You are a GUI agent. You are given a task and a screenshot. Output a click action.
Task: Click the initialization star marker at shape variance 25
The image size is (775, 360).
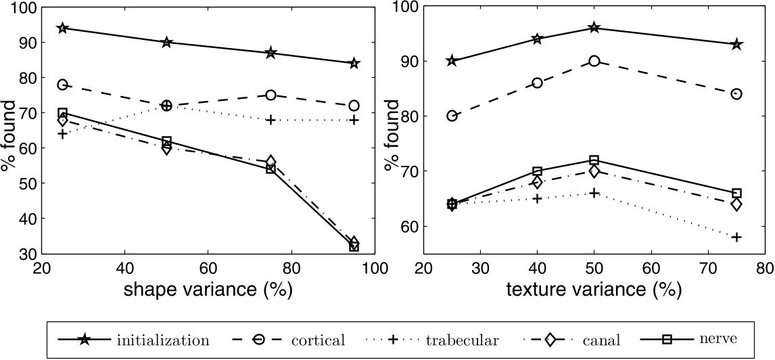click(62, 28)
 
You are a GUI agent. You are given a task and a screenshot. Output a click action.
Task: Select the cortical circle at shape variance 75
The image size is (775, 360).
click(271, 95)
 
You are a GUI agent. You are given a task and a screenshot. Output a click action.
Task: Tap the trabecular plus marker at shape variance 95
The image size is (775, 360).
click(354, 120)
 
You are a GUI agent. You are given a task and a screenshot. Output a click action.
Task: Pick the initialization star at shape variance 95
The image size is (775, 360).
click(354, 64)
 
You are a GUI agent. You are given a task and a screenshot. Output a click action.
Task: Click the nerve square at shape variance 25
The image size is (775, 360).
click(62, 113)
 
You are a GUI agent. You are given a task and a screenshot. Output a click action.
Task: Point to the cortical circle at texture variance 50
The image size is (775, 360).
click(594, 61)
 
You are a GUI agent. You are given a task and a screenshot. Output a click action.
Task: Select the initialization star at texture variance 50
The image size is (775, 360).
click(594, 28)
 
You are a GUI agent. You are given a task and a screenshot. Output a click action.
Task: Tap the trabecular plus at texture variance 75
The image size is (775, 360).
click(736, 237)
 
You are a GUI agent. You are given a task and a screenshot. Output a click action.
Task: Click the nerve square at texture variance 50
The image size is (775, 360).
click(594, 160)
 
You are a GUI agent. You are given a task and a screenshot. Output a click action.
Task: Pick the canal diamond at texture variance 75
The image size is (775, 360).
click(736, 204)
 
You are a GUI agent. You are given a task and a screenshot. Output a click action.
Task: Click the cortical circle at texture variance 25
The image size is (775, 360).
click(452, 116)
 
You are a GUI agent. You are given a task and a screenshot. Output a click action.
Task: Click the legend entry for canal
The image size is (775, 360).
click(602, 340)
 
